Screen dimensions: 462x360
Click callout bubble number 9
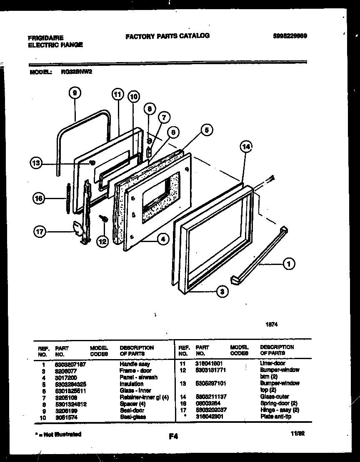click(x=75, y=94)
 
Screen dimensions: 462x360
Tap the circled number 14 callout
click(x=246, y=147)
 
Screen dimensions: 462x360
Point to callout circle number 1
click(x=288, y=263)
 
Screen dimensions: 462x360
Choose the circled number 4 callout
click(x=163, y=239)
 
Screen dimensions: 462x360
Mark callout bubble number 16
click(x=39, y=199)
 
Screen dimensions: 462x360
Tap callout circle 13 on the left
click(x=37, y=163)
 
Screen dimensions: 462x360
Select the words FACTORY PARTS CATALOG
click(x=167, y=36)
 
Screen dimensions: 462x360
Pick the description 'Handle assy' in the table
click(x=135, y=364)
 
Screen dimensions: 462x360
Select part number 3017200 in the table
click(x=66, y=377)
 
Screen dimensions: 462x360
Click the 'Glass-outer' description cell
click(x=274, y=397)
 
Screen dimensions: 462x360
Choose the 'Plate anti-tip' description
click(x=275, y=417)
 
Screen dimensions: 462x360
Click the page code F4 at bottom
click(x=173, y=437)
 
